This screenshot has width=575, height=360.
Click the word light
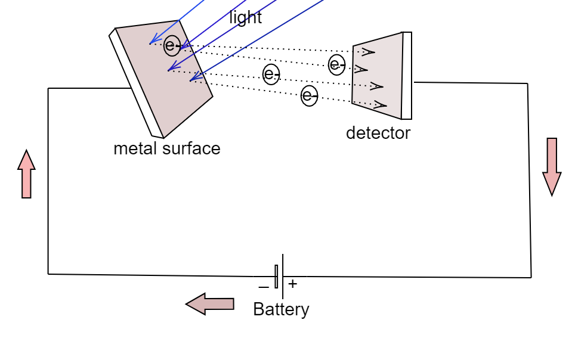[x=245, y=18]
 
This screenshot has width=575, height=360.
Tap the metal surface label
[x=166, y=148]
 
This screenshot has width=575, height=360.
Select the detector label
[x=378, y=133]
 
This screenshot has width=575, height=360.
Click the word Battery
[x=281, y=309]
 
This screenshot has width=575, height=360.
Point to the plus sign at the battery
[x=292, y=284]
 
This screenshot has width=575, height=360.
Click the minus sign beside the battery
[x=263, y=287]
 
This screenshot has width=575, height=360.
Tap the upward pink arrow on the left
[x=26, y=174]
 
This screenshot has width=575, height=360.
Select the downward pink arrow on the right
[x=552, y=166]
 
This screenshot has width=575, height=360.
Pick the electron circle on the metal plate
[x=172, y=45]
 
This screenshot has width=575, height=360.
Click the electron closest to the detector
[x=336, y=64]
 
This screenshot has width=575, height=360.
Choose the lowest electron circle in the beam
[x=309, y=95]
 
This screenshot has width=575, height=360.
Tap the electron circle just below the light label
[x=271, y=74]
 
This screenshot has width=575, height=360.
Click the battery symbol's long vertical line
[x=283, y=276]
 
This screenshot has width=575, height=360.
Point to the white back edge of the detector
[x=407, y=76]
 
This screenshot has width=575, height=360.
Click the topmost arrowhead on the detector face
[x=369, y=52]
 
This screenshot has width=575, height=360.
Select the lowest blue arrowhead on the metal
[x=193, y=77]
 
